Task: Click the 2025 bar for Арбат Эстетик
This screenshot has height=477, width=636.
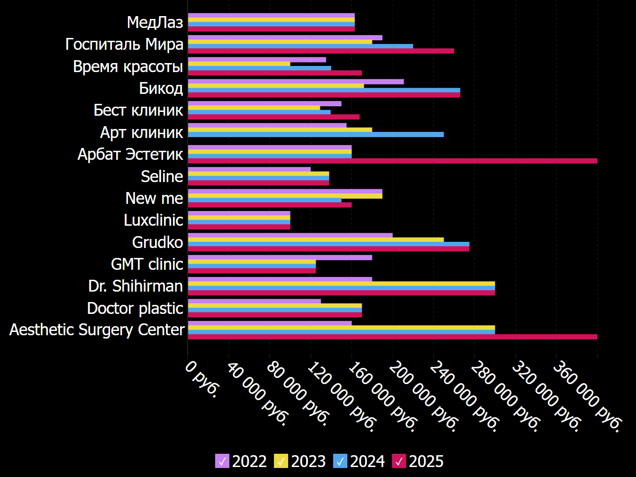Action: pyautogui.click(x=392, y=161)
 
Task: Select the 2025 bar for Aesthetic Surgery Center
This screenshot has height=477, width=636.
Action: pyautogui.click(x=392, y=337)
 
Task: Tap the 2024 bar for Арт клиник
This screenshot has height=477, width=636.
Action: pyautogui.click(x=316, y=134)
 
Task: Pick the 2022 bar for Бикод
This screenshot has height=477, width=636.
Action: pyautogui.click(x=296, y=82)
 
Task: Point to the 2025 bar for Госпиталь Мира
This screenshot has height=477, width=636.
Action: pyautogui.click(x=321, y=51)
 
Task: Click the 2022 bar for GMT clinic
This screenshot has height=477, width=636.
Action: pyautogui.click(x=280, y=257)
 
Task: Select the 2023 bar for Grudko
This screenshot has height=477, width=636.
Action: pyautogui.click(x=316, y=239)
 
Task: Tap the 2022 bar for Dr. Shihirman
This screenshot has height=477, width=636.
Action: pyautogui.click(x=280, y=279)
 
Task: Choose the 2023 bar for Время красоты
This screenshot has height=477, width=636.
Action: pyautogui.click(x=239, y=64)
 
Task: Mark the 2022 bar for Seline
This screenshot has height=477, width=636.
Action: pyautogui.click(x=249, y=169)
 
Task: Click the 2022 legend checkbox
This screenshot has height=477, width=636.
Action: pyautogui.click(x=222, y=461)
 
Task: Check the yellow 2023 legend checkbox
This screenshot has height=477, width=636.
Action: pyautogui.click(x=281, y=461)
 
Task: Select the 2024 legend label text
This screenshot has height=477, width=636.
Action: pyautogui.click(x=367, y=461)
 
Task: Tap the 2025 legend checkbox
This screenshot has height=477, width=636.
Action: pyautogui.click(x=399, y=461)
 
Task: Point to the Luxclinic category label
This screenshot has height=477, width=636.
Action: pyautogui.click(x=154, y=220)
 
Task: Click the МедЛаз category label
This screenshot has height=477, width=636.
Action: pyautogui.click(x=155, y=22)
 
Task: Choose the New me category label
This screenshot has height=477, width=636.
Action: pyautogui.click(x=154, y=198)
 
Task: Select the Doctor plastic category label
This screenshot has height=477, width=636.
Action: pyautogui.click(x=135, y=308)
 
